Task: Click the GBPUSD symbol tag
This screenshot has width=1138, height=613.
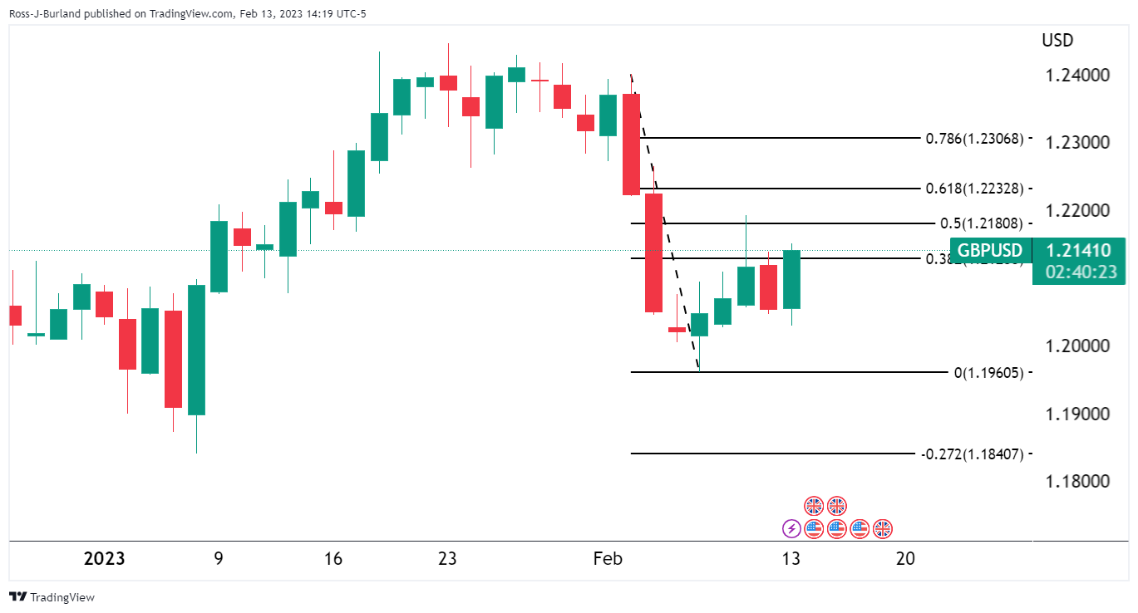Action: click(x=990, y=250)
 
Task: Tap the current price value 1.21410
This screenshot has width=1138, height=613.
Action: click(x=1078, y=250)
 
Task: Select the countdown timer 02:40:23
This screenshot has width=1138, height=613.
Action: click(x=1078, y=272)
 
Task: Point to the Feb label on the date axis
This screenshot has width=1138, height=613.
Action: click(x=608, y=558)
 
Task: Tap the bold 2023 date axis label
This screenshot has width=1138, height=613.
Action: click(x=105, y=558)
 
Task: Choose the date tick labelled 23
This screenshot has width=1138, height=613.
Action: click(x=447, y=558)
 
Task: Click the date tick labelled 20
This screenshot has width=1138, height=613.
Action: click(x=906, y=558)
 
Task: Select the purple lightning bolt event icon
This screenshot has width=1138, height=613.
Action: click(x=791, y=527)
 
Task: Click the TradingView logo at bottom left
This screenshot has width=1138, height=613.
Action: click(x=52, y=596)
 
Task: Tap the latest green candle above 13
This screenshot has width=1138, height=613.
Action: click(x=791, y=279)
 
